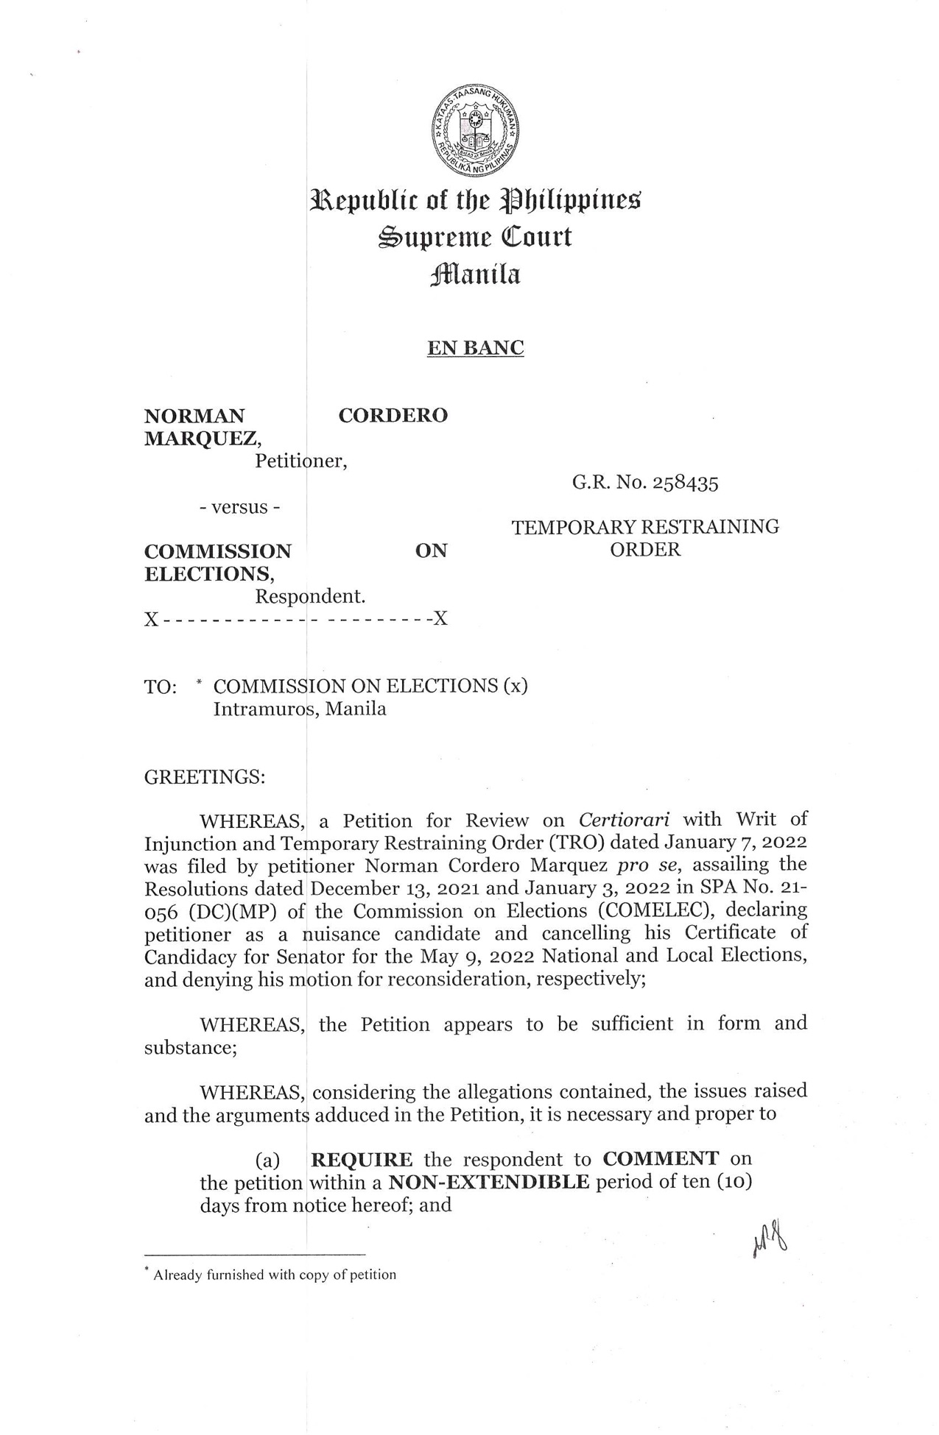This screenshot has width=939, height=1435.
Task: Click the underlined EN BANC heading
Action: click(x=475, y=347)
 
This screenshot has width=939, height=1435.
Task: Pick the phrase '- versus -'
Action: click(x=240, y=508)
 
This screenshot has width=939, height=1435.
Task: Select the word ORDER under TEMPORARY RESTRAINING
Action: click(x=645, y=550)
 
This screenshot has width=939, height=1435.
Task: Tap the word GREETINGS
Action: click(x=204, y=777)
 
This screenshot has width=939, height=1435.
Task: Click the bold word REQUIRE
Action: click(x=362, y=1160)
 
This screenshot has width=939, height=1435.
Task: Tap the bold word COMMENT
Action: click(x=661, y=1158)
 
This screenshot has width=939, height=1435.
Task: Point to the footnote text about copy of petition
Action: click(x=274, y=1275)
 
